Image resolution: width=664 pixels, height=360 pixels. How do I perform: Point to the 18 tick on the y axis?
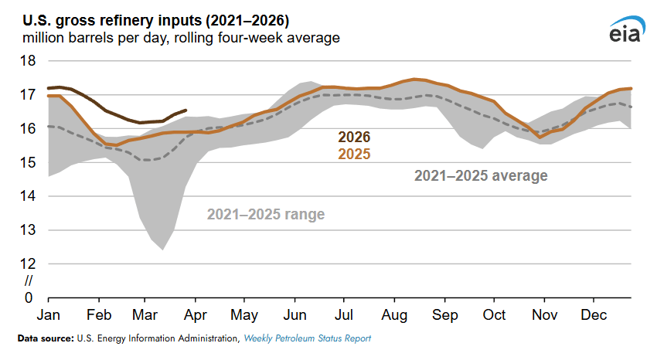click(x=28, y=61)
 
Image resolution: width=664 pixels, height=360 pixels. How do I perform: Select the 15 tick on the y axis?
click(x=28, y=162)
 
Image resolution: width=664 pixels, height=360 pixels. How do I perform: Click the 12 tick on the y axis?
click(x=28, y=263)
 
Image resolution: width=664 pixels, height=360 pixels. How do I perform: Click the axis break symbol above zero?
click(x=29, y=280)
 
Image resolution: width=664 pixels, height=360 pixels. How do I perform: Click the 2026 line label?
click(x=354, y=138)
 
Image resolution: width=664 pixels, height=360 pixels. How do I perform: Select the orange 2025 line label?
click(x=354, y=155)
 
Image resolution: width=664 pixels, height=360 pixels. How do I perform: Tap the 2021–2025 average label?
click(x=481, y=176)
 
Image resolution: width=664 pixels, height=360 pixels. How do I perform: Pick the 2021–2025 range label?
click(x=265, y=214)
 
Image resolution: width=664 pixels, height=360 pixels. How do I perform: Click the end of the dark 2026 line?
click(x=186, y=110)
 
